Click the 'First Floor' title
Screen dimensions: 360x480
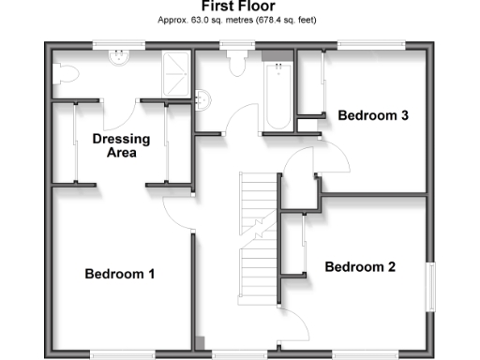coord(238,7)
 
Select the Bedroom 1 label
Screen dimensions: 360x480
coord(119,274)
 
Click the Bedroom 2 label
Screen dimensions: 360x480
coord(360,267)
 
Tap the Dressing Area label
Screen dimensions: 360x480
coord(121,146)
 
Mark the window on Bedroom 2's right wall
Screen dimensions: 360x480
coord(431,286)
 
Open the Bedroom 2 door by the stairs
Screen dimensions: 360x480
coord(298,323)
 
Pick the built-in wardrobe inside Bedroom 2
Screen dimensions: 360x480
coord(293,245)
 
